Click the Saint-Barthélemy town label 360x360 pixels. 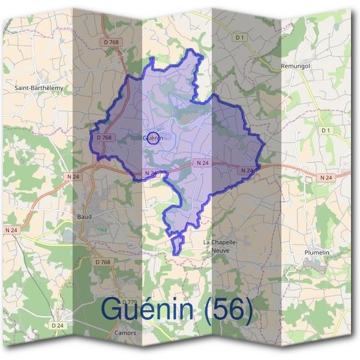43,87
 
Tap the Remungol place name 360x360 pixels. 295,65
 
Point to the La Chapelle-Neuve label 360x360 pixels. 221,245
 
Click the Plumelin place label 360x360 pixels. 317,253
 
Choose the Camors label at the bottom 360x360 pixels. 125,333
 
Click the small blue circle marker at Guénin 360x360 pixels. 153,138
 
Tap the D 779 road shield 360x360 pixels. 129,302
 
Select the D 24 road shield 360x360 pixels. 58,325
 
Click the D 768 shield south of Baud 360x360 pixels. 103,262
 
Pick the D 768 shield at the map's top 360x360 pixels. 111,42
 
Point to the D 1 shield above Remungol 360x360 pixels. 240,37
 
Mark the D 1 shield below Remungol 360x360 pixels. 326,130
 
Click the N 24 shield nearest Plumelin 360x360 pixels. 326,178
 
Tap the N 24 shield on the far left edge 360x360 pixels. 11,230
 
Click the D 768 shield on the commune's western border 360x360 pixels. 104,137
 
